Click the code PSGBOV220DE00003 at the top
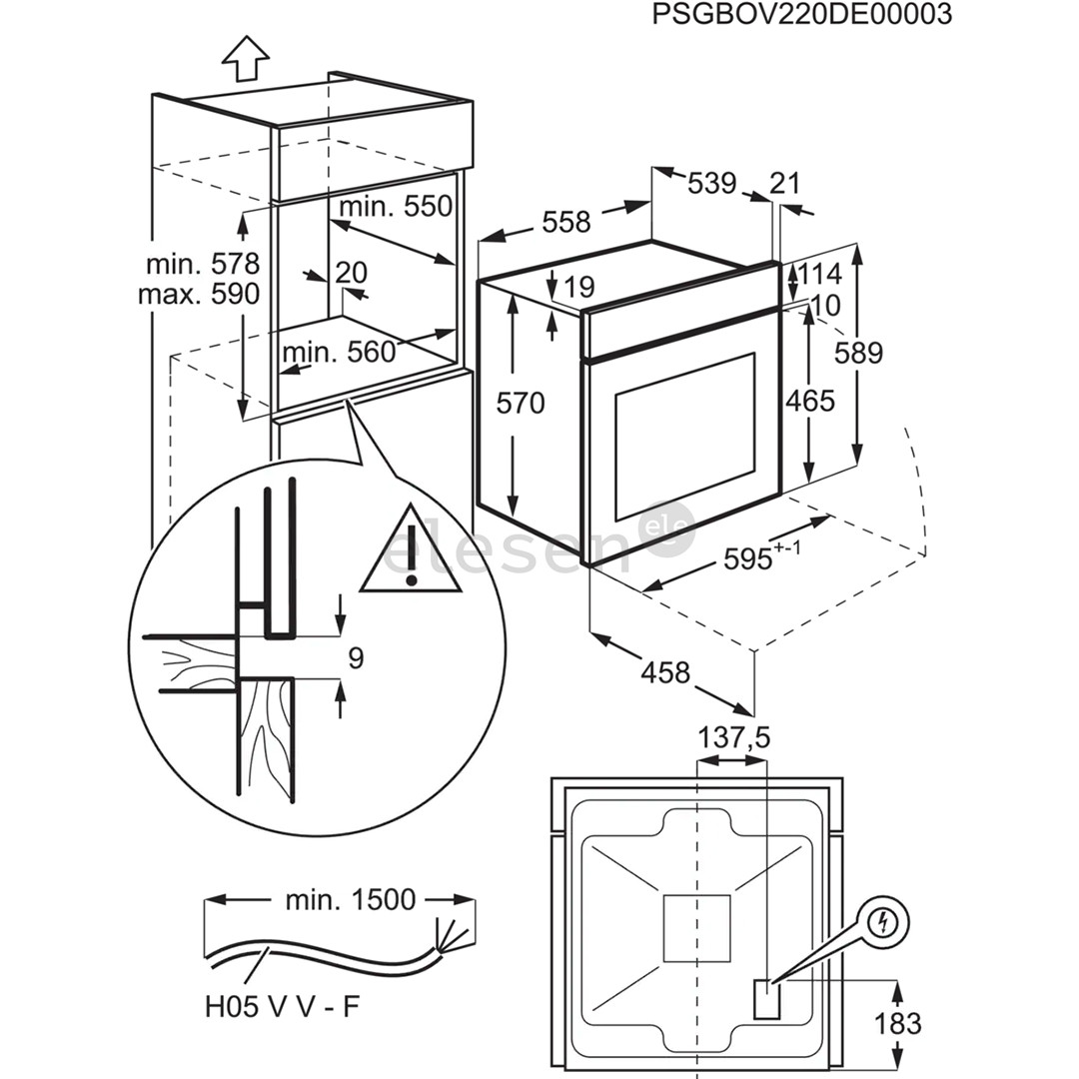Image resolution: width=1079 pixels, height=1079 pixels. pos(801,15)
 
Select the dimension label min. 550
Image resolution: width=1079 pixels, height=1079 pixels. pos(396,207)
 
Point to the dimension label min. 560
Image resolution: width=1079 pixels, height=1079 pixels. pos(339,352)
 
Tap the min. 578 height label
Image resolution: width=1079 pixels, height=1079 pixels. pos(203,265)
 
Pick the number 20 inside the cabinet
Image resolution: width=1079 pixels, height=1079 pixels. pos(351,273)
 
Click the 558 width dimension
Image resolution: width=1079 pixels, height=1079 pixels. pos(566,222)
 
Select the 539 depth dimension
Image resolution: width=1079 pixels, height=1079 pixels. pos(711,183)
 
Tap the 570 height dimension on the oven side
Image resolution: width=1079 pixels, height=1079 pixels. pos(522,404)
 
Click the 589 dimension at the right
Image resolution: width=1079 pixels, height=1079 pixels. pos(859,353)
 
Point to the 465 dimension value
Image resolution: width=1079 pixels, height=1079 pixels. pos(809,401)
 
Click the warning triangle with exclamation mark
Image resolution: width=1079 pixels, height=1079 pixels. pos(411,554)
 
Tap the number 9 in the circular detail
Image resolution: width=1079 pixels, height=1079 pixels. pos(356,657)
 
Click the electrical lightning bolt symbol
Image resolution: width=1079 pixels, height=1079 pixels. pos(881,923)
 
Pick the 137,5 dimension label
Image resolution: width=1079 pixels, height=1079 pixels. pos(734,738)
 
